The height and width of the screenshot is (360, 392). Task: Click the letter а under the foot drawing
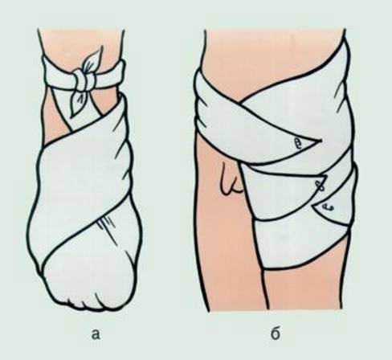tap(96, 335)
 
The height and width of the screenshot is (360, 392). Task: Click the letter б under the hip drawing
tap(276, 333)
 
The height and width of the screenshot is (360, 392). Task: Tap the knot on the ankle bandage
tap(84, 80)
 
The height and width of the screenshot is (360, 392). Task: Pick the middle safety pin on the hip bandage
tap(320, 186)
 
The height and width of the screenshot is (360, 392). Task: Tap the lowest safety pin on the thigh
tap(328, 207)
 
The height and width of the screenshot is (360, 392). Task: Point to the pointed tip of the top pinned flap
tap(321, 141)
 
